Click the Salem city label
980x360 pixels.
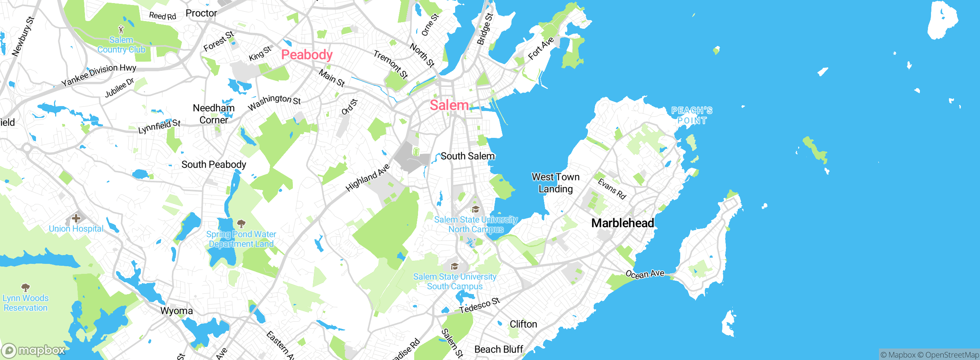click(x=449, y=105)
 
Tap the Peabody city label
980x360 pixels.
click(x=307, y=55)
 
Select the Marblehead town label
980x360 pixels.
click(x=622, y=223)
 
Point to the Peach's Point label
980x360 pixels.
click(x=692, y=115)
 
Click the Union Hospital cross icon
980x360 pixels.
click(x=76, y=218)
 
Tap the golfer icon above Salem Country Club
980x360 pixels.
click(x=121, y=29)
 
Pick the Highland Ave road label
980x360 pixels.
click(x=367, y=177)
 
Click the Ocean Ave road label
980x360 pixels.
click(x=645, y=274)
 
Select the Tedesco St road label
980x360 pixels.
click(x=480, y=305)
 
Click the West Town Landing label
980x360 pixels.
click(x=555, y=183)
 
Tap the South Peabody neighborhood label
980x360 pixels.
click(x=214, y=164)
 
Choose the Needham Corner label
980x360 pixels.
click(x=214, y=114)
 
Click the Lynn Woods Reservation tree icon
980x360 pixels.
click(x=26, y=287)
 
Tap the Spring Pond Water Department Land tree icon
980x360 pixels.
click(x=241, y=223)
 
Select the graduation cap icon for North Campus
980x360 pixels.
click(x=475, y=209)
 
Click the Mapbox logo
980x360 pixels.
click(x=34, y=350)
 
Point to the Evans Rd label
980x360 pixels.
click(x=612, y=189)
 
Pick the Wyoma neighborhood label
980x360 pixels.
click(x=176, y=311)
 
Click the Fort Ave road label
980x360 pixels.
click(x=541, y=49)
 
